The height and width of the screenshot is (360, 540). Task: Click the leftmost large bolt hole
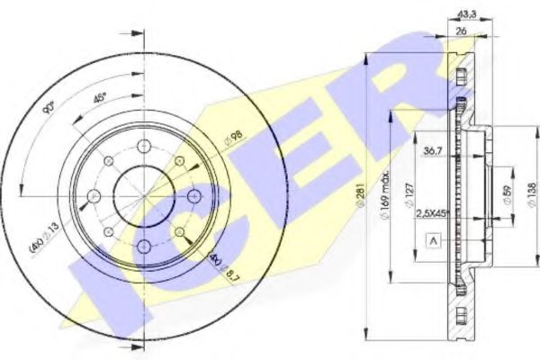(x=93, y=195)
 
